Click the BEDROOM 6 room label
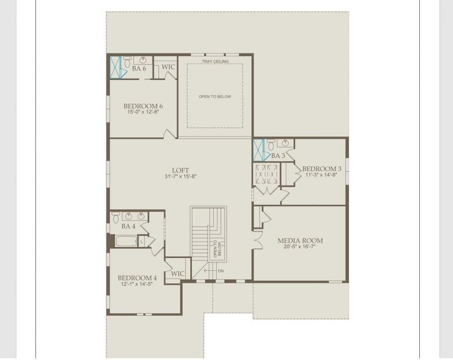point(143,106)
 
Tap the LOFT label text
point(180,170)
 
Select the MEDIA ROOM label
point(300,241)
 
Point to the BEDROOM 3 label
point(322,169)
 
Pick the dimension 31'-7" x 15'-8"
point(180,177)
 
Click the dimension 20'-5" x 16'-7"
point(300,247)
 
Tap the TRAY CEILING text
point(215,62)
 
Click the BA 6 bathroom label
point(139,69)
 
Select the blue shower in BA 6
point(115,67)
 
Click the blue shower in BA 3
point(258,150)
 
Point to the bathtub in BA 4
point(126,241)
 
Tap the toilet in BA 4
point(116,217)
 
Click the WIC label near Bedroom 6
point(169,67)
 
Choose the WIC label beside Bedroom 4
point(177,274)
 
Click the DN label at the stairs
point(221,271)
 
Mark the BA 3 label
point(278,156)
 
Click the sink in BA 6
point(143,60)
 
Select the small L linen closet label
point(141,242)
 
